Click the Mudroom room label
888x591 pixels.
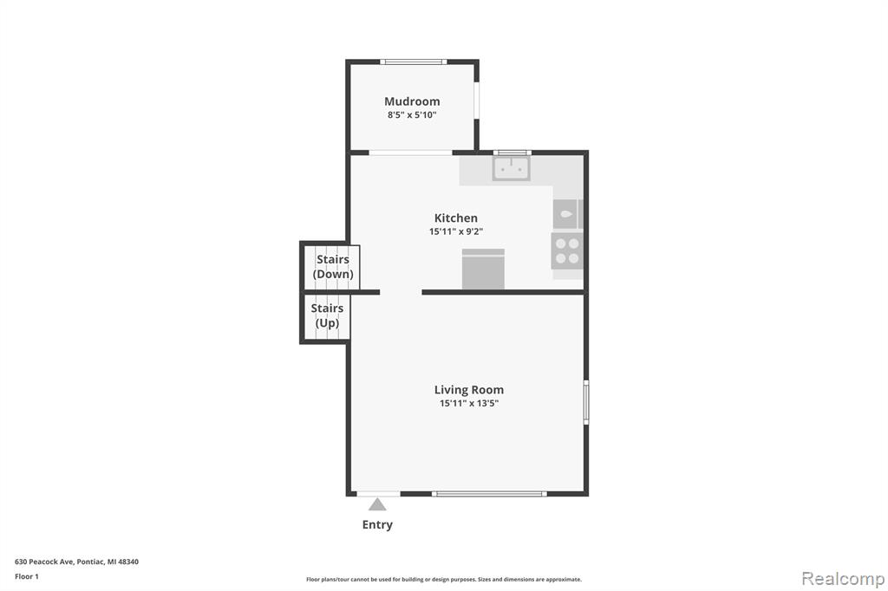coord(412,101)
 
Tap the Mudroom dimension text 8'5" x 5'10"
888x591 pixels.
coord(412,115)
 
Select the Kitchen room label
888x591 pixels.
coord(456,218)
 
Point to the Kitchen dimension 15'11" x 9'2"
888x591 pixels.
coord(456,231)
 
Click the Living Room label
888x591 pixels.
coord(469,390)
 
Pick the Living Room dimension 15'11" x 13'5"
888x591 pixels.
coord(469,404)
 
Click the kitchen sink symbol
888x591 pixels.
coord(512,168)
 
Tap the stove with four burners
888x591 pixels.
coord(567,250)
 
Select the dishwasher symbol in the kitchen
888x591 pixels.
coord(483,269)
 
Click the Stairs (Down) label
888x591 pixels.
coord(333,267)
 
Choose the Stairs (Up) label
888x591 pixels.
coord(327,316)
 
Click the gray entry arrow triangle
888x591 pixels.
coord(377,503)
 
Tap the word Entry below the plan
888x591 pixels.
coord(377,525)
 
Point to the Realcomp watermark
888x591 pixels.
coord(843,579)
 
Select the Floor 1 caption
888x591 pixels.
coord(27,576)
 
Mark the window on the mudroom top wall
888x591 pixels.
coord(414,62)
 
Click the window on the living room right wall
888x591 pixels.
coord(586,402)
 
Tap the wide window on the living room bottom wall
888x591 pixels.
coord(489,494)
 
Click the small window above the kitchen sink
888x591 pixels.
coord(512,153)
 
